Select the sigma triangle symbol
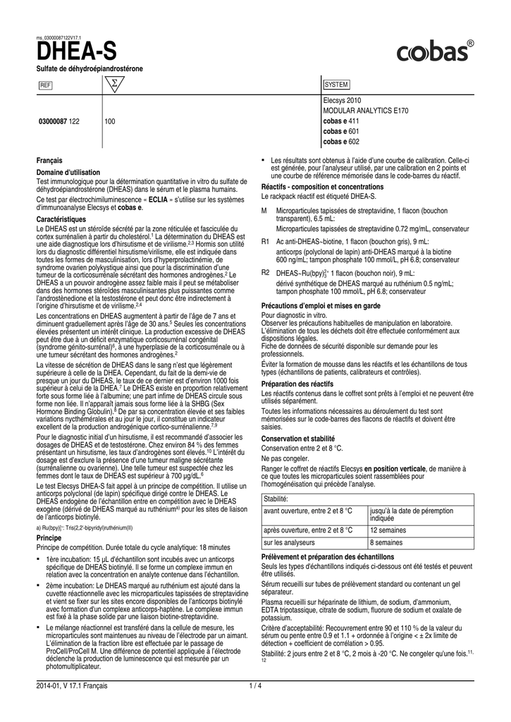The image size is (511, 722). (111, 85)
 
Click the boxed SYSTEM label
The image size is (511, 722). (337, 85)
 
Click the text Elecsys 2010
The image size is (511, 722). (341, 102)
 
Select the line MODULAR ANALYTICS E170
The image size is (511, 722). (365, 111)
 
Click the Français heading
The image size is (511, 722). (49, 161)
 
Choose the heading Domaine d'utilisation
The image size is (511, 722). (68, 173)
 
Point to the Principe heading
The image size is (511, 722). (49, 537)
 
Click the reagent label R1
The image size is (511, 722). (266, 242)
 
